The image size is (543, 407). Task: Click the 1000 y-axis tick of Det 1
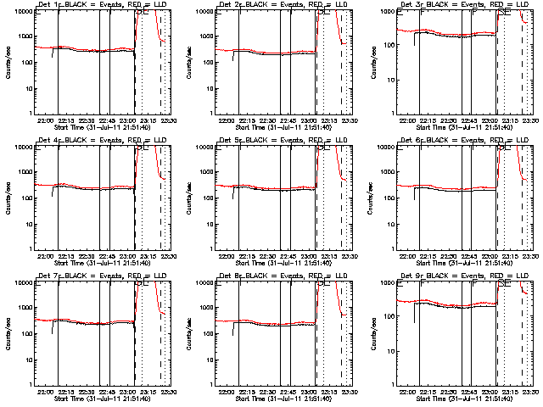[24, 36]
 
